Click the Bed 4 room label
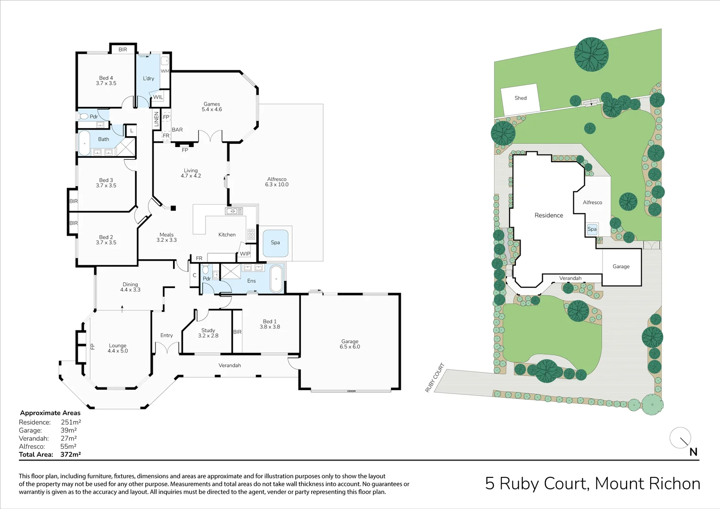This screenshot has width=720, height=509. click(x=106, y=81)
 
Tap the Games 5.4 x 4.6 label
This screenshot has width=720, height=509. click(x=212, y=107)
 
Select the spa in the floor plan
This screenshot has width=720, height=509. click(x=275, y=243)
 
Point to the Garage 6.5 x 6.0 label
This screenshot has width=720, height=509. click(x=350, y=344)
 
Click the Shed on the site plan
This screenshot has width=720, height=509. click(x=521, y=99)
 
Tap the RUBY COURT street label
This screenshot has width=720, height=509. click(x=435, y=378)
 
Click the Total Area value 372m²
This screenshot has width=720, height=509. click(x=71, y=455)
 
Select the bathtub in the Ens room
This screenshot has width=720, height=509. click(x=276, y=279)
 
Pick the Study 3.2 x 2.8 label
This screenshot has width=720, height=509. click(x=208, y=333)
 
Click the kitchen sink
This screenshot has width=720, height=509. click(x=234, y=211)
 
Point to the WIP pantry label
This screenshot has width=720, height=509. click(x=245, y=254)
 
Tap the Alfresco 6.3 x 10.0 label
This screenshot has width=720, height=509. click(x=277, y=182)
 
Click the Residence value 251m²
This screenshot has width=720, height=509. click(x=71, y=422)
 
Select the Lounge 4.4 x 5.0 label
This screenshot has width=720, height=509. click(x=117, y=348)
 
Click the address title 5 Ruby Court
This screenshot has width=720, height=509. click(x=592, y=484)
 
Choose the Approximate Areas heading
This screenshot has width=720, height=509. click(x=50, y=413)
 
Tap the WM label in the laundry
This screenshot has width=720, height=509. click(x=165, y=71)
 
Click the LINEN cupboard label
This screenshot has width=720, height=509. click(x=157, y=119)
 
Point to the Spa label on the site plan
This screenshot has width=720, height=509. click(x=592, y=229)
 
